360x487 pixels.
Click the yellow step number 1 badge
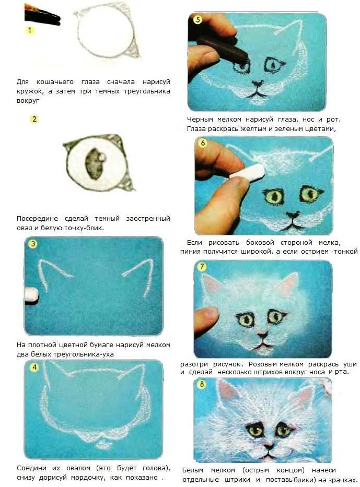coord(30,30)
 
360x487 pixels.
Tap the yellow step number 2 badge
coord(34,119)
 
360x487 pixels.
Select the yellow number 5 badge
coord(198,19)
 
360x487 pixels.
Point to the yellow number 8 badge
coord(202,385)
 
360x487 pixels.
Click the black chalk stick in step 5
coord(223,49)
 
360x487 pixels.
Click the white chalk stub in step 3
coord(31,294)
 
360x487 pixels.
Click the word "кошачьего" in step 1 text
coord(55,82)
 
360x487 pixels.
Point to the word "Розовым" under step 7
coord(263,364)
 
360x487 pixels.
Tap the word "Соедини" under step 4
coord(31,468)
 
